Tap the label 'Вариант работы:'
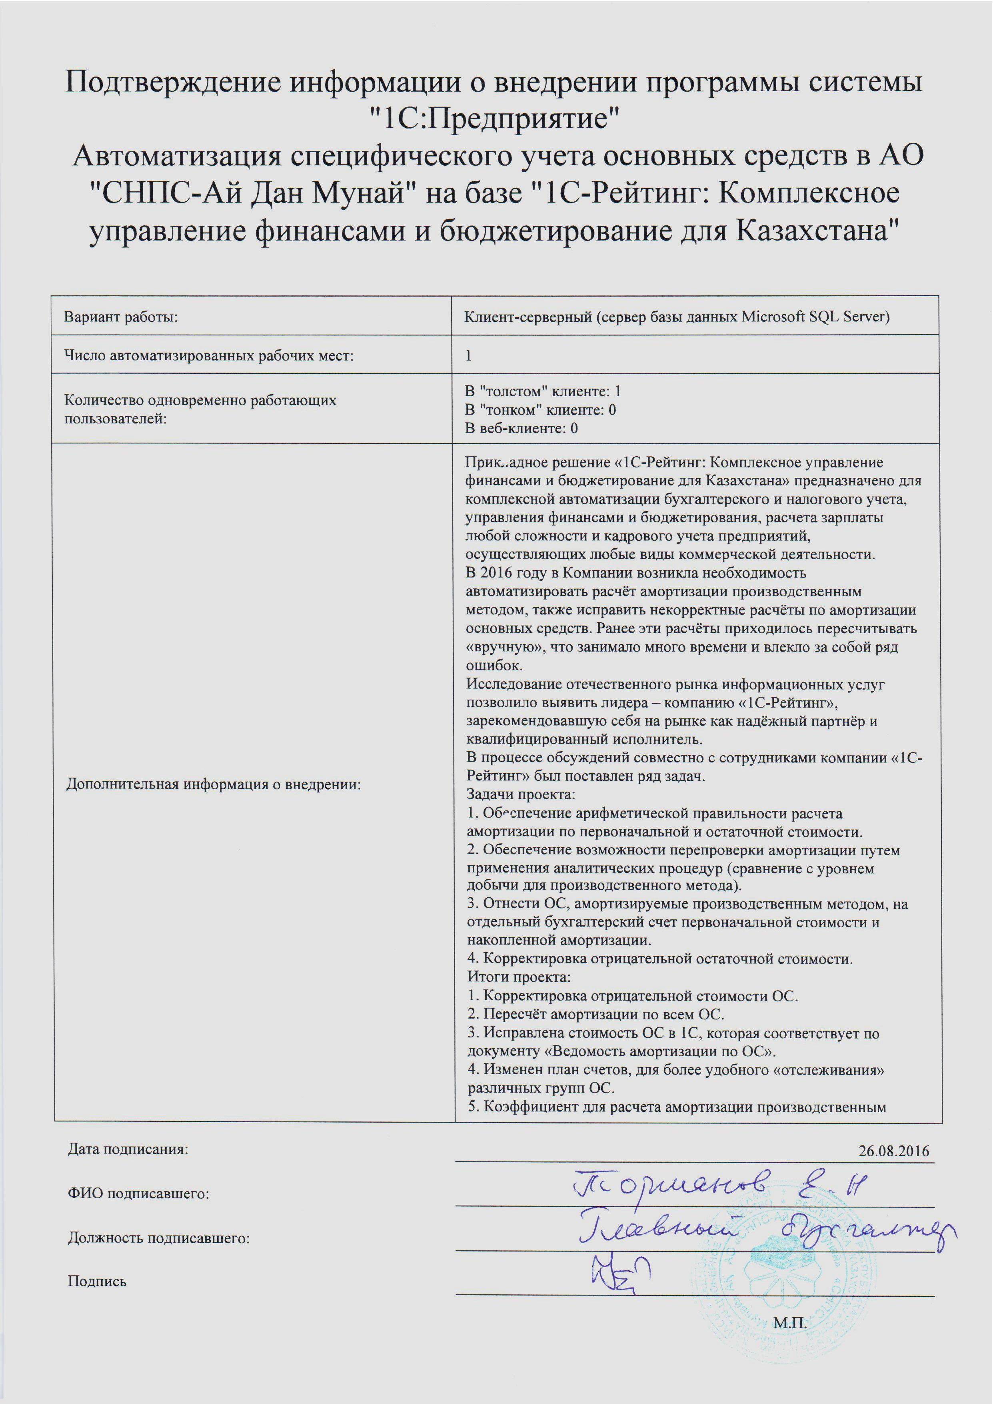(x=120, y=317)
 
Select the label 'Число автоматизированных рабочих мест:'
(x=208, y=355)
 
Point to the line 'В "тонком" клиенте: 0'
(x=540, y=409)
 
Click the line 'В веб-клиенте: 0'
(x=521, y=427)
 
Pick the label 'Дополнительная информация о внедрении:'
(x=214, y=784)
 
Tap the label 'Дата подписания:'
(x=128, y=1149)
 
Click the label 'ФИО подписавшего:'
(x=138, y=1193)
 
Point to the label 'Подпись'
(x=97, y=1282)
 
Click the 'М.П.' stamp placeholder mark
(x=789, y=1323)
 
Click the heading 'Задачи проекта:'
(x=520, y=795)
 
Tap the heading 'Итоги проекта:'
(x=519, y=977)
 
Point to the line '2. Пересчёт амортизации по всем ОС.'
(x=595, y=1014)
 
